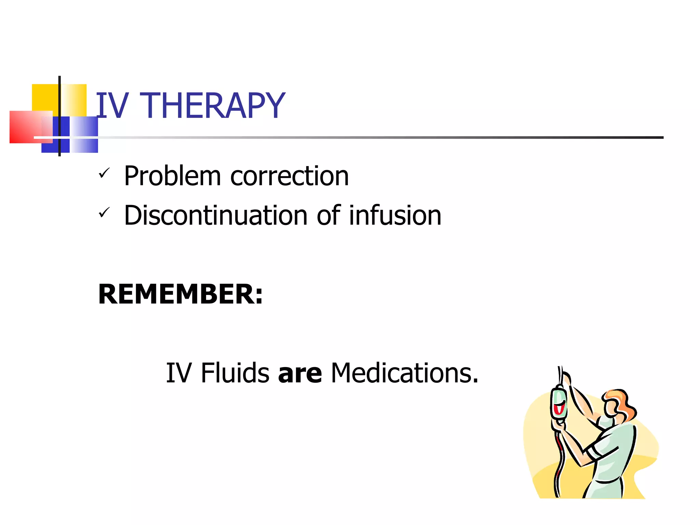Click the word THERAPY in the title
tap(212, 106)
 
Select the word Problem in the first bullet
tap(172, 176)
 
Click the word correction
tap(290, 176)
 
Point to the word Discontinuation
tap(216, 216)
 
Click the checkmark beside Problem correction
tap(104, 173)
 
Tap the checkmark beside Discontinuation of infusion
tap(104, 213)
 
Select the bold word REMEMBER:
tap(180, 294)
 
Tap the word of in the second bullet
tap(328, 216)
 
